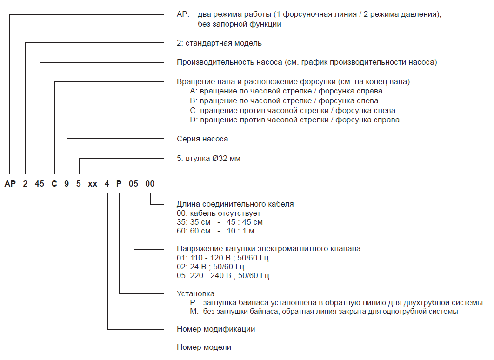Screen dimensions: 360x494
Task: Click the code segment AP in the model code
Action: [x=10, y=184]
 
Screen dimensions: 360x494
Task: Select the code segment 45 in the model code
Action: [x=40, y=184]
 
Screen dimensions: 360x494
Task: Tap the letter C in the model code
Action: [x=54, y=184]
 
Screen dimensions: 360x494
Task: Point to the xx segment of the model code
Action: [x=93, y=184]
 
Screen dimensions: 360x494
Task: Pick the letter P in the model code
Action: [x=119, y=184]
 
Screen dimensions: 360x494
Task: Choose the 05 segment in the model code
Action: [x=134, y=184]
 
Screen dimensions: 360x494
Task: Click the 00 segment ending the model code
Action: [x=150, y=184]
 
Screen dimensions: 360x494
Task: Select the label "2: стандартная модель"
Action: [x=219, y=43]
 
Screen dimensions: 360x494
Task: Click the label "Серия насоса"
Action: [x=202, y=139]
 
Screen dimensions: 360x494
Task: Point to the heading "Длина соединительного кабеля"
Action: [x=235, y=204]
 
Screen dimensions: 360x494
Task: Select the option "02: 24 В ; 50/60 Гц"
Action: [x=211, y=267]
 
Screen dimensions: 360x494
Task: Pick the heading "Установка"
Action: [x=195, y=293]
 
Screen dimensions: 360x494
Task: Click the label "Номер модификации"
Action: [x=216, y=329]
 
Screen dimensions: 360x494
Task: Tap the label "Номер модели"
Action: [x=204, y=347]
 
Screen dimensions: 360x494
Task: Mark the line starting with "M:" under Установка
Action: [x=321, y=311]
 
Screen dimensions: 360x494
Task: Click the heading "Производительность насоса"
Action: [x=307, y=62]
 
